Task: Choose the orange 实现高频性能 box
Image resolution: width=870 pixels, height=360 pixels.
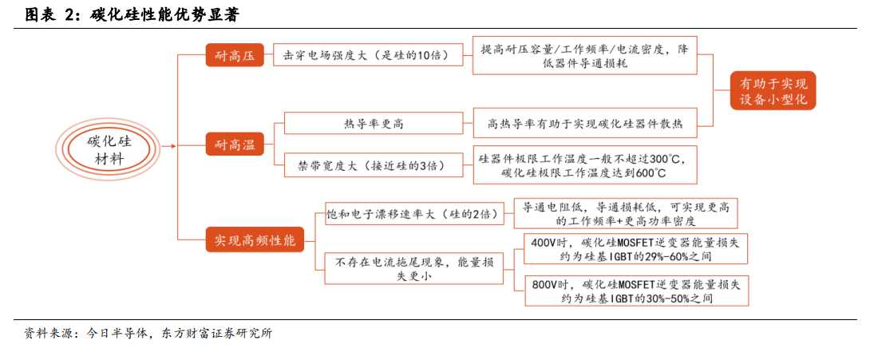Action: point(255,239)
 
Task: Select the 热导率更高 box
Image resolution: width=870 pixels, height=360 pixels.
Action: point(374,123)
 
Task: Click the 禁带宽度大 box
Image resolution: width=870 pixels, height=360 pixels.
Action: point(374,164)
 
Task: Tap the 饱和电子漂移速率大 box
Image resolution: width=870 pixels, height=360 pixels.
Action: point(415,214)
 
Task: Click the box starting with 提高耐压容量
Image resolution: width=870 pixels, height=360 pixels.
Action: point(584,55)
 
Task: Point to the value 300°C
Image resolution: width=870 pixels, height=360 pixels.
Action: point(663,159)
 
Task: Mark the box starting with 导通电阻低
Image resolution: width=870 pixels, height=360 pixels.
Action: point(627,214)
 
